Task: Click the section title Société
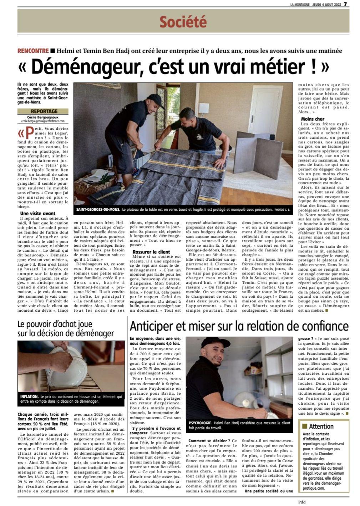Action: click(183, 22)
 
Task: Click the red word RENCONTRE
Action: click(33, 51)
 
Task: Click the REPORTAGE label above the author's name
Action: click(44, 111)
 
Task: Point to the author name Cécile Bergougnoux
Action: click(44, 117)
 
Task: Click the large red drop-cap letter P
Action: click(29, 133)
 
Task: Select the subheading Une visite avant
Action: click(38, 213)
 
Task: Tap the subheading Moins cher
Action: click(313, 119)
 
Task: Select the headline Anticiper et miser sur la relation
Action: click(239, 326)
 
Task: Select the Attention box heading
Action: click(321, 426)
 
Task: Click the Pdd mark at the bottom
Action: click(302, 501)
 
